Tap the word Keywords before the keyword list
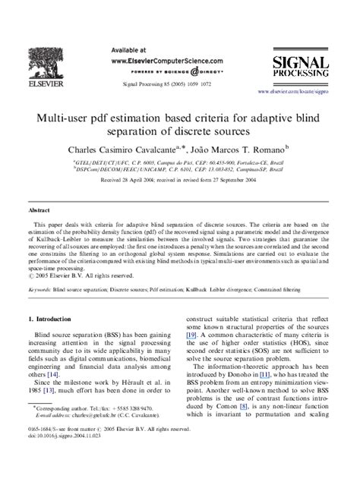41,289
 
